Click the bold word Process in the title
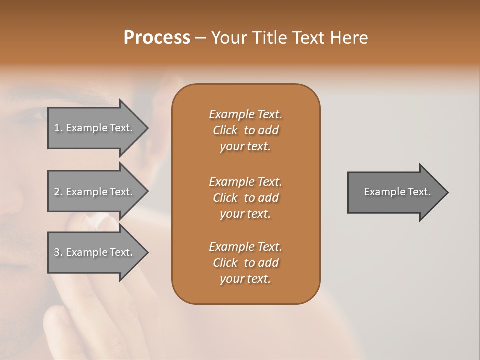coord(157,38)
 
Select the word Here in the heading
coord(349,38)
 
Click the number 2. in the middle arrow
coord(58,192)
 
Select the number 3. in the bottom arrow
coord(58,252)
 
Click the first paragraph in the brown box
coord(245,130)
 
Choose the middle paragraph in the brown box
coord(245,198)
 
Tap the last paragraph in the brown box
coord(245,263)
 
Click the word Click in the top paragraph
coord(225,130)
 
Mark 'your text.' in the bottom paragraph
coord(245,279)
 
